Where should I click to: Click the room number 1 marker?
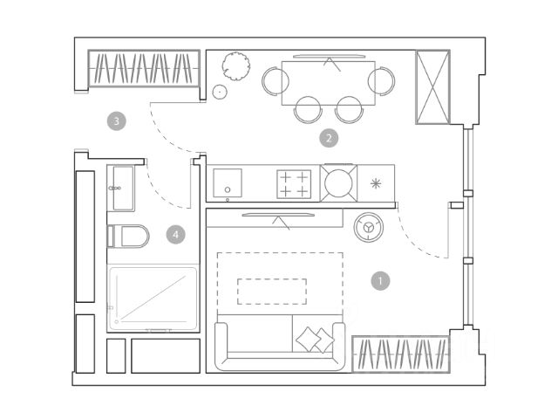(x=379, y=281)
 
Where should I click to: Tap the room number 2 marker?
(x=329, y=137)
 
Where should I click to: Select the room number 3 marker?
(x=117, y=120)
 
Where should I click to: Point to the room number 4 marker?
(x=176, y=234)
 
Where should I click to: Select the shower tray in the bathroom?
(x=153, y=299)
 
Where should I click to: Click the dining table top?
(x=329, y=83)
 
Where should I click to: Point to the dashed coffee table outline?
(x=272, y=291)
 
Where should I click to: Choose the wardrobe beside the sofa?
(x=400, y=354)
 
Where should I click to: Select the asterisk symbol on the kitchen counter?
(x=376, y=183)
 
